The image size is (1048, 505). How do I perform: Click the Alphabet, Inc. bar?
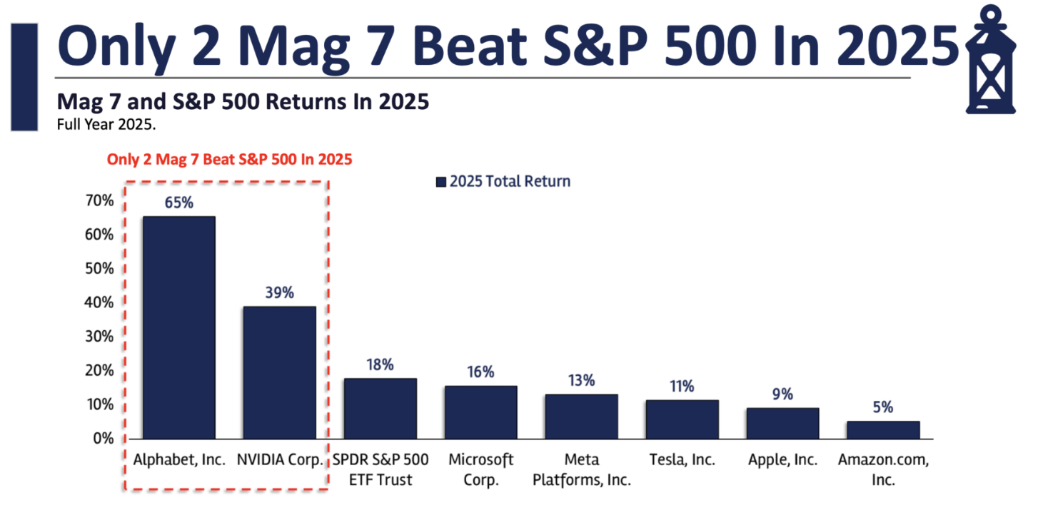[x=179, y=327]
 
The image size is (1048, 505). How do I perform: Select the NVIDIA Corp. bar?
[x=279, y=372]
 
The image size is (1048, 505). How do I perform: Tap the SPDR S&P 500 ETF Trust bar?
[x=380, y=409]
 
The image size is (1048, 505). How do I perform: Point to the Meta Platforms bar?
[x=582, y=417]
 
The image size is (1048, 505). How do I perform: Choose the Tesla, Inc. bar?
[x=682, y=419]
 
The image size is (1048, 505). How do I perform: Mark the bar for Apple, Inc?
[x=782, y=423]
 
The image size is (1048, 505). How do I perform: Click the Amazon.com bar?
[x=883, y=430]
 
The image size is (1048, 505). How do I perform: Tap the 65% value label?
[x=178, y=202]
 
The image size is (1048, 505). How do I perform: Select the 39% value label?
[x=279, y=292]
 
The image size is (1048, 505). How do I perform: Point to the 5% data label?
[x=883, y=407]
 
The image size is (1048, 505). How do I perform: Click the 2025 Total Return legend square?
[x=440, y=182]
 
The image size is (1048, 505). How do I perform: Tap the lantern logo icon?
[x=998, y=60]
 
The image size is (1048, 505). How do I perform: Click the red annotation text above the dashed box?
[x=229, y=159]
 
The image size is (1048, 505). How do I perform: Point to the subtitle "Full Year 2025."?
[x=106, y=123]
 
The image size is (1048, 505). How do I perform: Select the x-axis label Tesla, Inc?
[x=682, y=460]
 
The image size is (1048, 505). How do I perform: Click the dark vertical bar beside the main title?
[x=24, y=77]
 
